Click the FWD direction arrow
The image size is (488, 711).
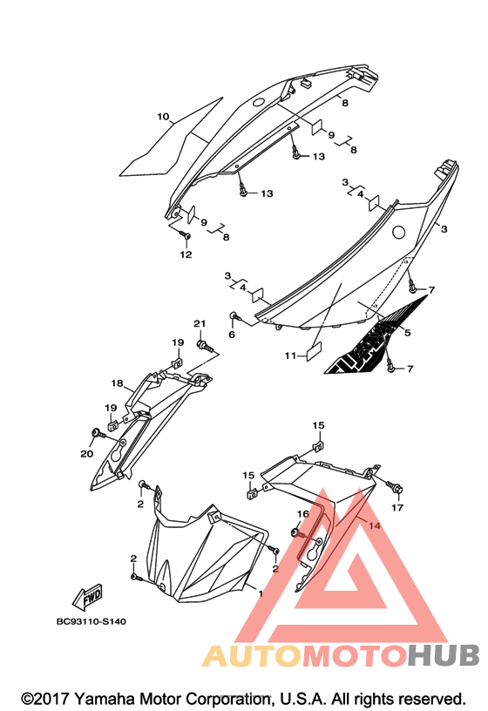[x=87, y=597]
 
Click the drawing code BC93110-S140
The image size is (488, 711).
[x=91, y=621]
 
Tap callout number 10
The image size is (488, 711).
[x=163, y=117]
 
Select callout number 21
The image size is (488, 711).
[x=200, y=323]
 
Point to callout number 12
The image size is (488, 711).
[x=186, y=254]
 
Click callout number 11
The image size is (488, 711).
[x=290, y=356]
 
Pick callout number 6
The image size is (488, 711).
[x=232, y=335]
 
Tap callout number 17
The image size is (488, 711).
[x=397, y=507]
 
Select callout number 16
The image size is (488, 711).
[x=303, y=514]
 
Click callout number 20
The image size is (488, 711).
[x=86, y=453]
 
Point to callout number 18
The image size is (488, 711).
[x=117, y=383]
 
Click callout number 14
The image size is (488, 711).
[x=375, y=525]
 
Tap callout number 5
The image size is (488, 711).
[x=407, y=333]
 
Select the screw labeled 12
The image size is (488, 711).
[x=185, y=236]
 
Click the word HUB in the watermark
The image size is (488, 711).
[x=444, y=655]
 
